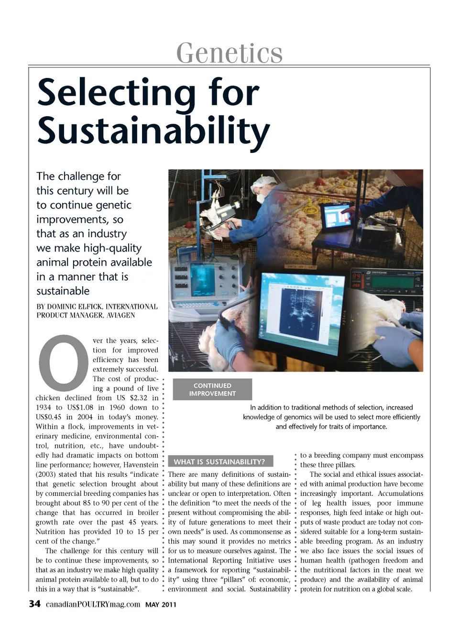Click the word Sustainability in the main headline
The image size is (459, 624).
(x=153, y=130)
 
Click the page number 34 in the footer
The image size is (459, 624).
(x=34, y=603)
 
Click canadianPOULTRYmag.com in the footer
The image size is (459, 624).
(x=93, y=604)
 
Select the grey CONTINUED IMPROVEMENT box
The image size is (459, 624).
(x=212, y=389)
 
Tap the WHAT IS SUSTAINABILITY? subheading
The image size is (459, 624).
(x=219, y=461)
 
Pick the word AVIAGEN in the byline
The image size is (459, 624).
(x=122, y=315)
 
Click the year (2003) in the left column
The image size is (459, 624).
(x=49, y=474)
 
